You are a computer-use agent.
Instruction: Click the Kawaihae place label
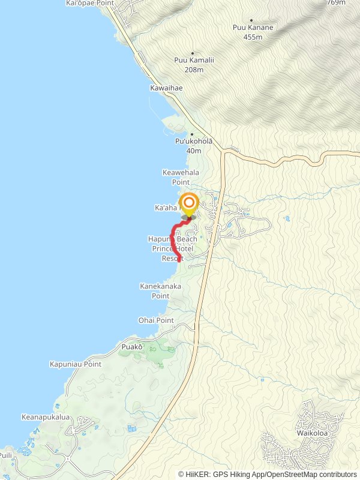click(x=166, y=88)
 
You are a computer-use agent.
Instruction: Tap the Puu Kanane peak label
click(x=253, y=28)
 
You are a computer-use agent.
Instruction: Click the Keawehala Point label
click(x=181, y=177)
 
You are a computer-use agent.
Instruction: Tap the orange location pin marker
click(x=189, y=203)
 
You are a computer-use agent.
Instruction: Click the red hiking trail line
click(x=174, y=238)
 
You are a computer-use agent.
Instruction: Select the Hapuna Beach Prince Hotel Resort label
click(x=172, y=248)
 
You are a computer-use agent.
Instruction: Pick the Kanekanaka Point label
click(x=160, y=291)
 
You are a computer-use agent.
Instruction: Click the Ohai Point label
click(x=156, y=320)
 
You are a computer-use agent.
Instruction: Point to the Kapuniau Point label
click(x=76, y=364)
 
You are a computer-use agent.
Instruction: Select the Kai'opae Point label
click(x=89, y=3)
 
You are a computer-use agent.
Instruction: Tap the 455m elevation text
click(x=253, y=37)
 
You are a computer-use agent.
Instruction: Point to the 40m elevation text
click(x=194, y=151)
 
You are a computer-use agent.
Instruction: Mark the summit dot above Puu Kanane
click(x=251, y=20)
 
